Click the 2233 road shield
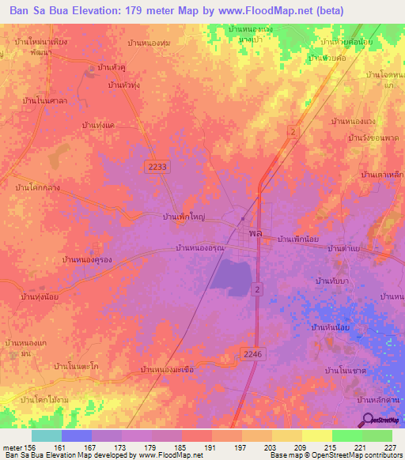157,165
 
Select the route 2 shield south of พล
257,290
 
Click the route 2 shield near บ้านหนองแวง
293,130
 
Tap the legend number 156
29,446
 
